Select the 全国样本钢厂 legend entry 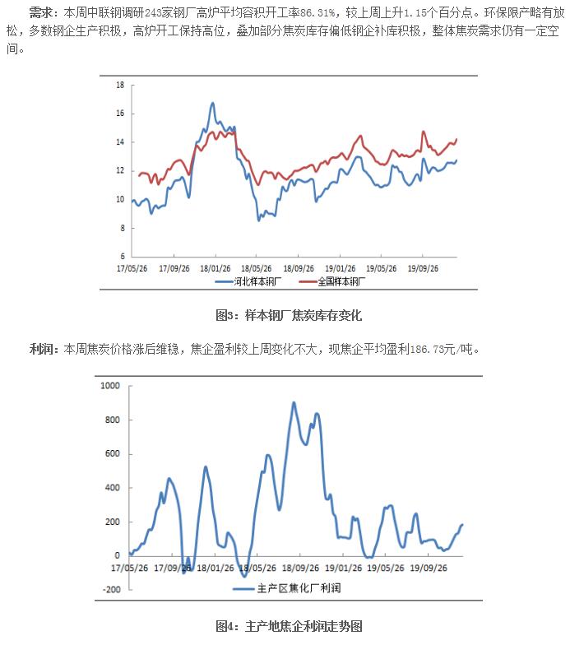point(332,281)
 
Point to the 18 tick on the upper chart point(120,85)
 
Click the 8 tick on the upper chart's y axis point(121,228)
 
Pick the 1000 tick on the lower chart point(109,386)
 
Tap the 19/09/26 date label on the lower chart point(429,567)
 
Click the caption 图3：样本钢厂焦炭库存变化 point(288,315)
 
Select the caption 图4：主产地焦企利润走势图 point(288,626)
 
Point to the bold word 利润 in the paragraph point(43,350)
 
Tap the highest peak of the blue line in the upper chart point(212,103)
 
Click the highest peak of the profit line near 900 point(294,402)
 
